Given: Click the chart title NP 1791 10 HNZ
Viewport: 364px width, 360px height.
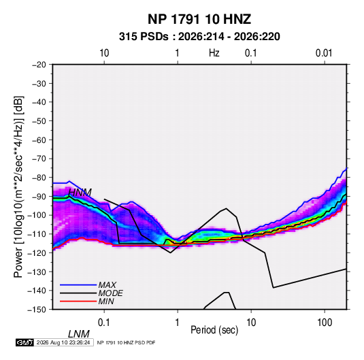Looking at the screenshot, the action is (x=199, y=19).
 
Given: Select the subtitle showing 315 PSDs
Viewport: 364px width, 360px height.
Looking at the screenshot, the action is (x=199, y=37).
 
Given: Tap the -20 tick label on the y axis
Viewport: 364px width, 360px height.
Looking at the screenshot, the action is (x=39, y=65).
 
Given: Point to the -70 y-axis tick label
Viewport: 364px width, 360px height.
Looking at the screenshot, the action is (x=39, y=159).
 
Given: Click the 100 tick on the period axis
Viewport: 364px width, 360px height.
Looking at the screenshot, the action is (x=325, y=323).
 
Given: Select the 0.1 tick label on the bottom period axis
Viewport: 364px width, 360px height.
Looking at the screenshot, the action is (x=104, y=323).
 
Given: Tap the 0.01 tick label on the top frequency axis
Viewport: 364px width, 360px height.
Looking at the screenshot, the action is (x=324, y=53).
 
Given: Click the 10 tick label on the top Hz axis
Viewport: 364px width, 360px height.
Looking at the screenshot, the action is (x=104, y=53).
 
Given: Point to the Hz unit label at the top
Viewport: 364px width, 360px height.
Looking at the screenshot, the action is (x=214, y=53).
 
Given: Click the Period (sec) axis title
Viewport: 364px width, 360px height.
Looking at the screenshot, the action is (x=214, y=330).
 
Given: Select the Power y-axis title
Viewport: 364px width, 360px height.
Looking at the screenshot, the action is (x=18, y=187).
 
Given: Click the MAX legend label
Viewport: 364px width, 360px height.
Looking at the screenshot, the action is (x=107, y=285).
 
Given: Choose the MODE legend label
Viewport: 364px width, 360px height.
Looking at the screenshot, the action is (x=110, y=293).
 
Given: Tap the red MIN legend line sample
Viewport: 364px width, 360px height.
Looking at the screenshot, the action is (x=78, y=301).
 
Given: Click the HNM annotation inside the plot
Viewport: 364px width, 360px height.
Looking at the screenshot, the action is (x=80, y=193).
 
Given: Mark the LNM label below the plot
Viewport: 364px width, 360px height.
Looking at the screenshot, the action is (x=79, y=334).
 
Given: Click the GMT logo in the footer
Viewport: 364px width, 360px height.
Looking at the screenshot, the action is (x=24, y=342).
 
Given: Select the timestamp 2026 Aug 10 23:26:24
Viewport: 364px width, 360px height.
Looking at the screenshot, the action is (x=63, y=342).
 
